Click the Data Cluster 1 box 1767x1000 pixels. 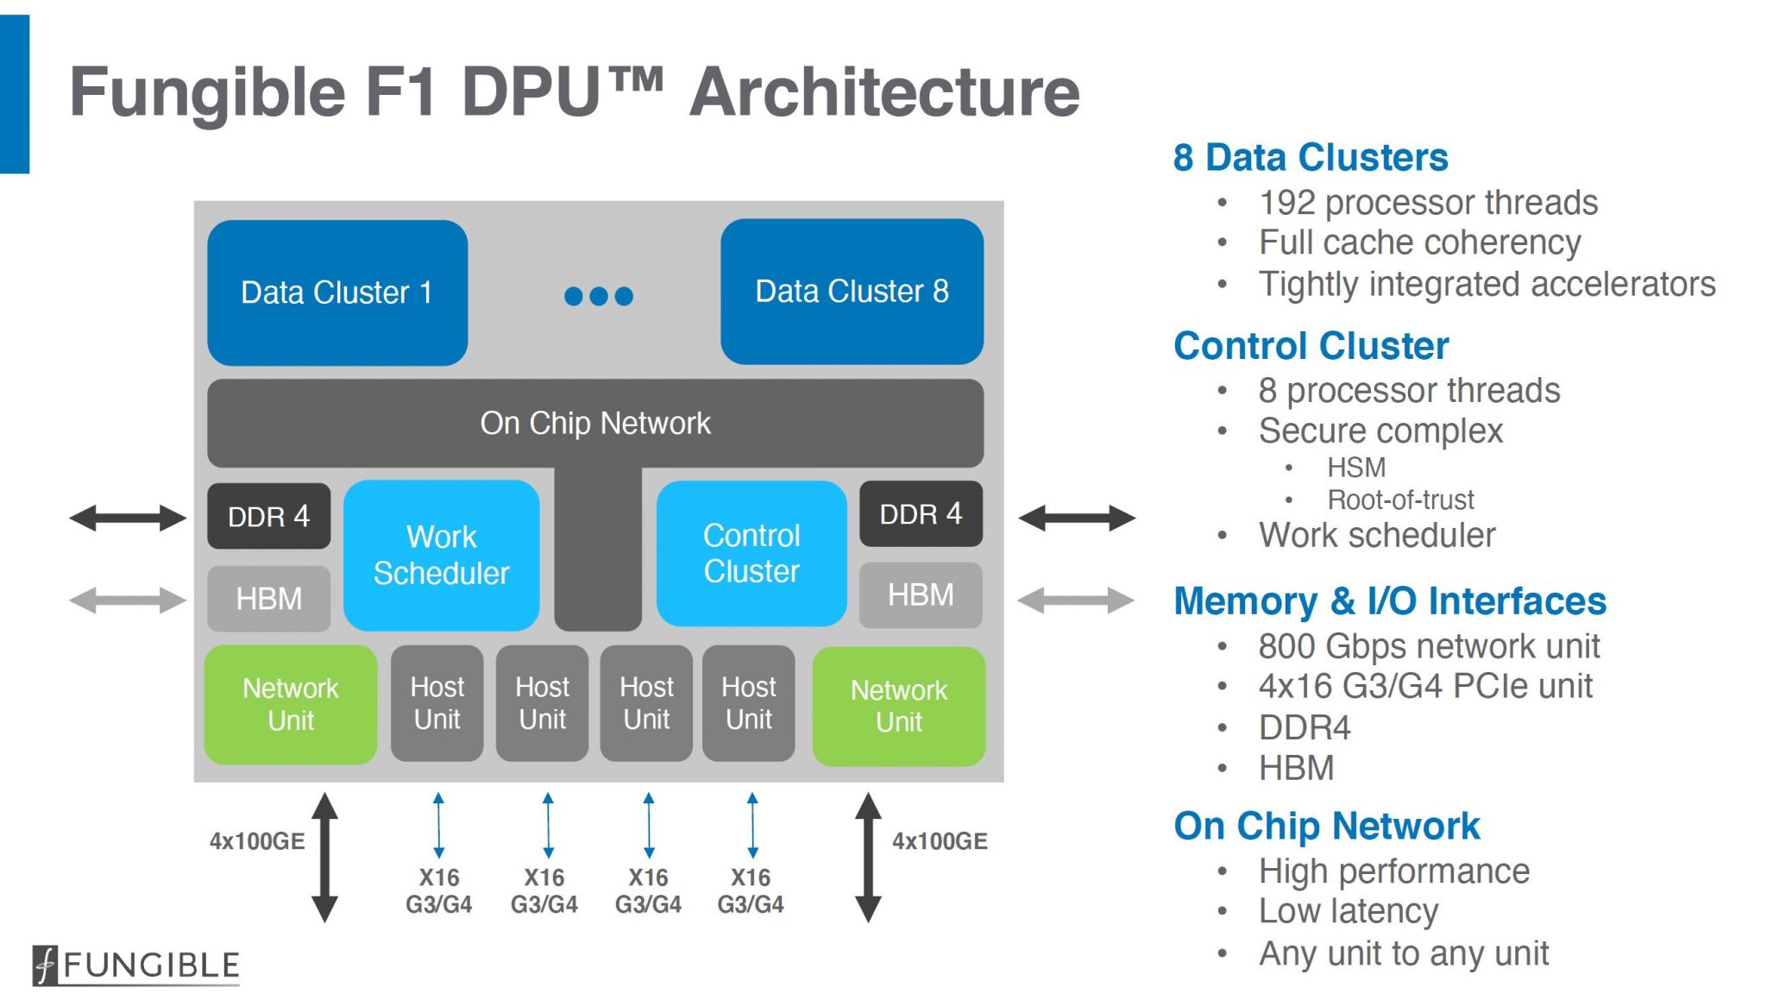[337, 292]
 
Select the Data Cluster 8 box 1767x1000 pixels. [852, 292]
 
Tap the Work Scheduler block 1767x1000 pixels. [441, 555]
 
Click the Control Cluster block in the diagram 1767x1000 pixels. [751, 553]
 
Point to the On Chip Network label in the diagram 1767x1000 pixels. [595, 423]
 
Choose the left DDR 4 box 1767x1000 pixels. [268, 516]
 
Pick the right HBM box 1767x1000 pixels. [921, 594]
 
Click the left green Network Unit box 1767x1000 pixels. [291, 704]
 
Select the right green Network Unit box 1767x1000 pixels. [899, 706]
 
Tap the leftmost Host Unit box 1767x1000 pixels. [437, 703]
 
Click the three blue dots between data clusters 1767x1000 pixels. [598, 296]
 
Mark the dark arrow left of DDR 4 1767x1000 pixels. [128, 518]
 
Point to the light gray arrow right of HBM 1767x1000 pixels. [1076, 600]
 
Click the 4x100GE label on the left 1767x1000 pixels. [257, 841]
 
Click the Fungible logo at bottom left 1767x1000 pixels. [136, 965]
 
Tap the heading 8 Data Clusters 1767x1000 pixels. [1310, 157]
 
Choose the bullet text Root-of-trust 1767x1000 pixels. [1400, 500]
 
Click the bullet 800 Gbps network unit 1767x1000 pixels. [1429, 645]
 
